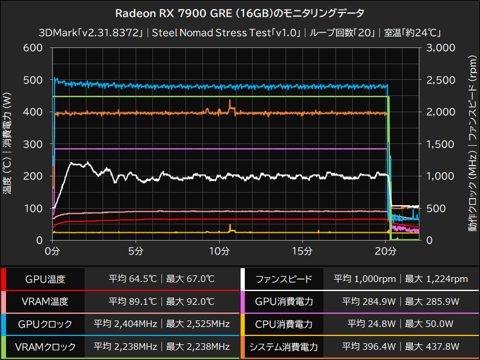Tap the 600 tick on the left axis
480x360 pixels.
click(x=32, y=48)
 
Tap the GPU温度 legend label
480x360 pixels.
click(x=45, y=280)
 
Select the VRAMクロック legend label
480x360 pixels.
click(x=45, y=347)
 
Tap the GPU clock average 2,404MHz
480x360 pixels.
click(x=125, y=325)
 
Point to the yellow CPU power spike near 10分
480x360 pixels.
click(x=230, y=226)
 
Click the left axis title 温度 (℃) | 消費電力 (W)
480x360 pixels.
click(x=7, y=144)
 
